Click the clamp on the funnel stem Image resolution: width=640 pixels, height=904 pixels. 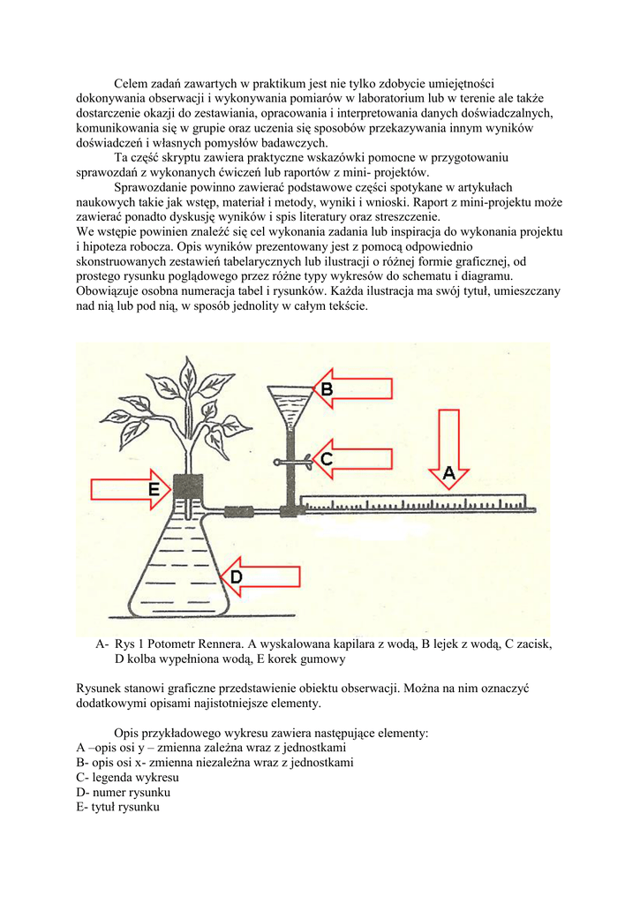click(x=290, y=460)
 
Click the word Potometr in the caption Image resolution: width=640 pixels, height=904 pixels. click(x=173, y=644)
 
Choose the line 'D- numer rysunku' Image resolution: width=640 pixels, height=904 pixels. click(x=124, y=792)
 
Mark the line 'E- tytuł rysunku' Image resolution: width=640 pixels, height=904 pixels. click(x=118, y=807)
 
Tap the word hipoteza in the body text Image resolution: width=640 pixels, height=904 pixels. click(x=114, y=247)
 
